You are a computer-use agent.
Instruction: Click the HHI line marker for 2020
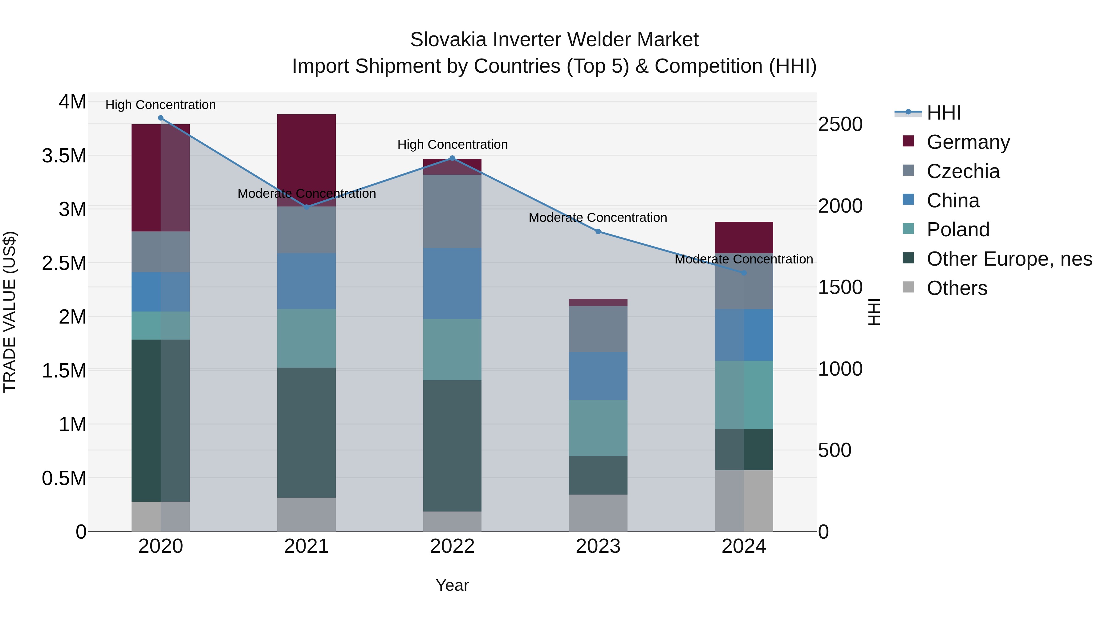pos(160,118)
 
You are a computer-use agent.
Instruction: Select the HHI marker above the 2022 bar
pos(452,158)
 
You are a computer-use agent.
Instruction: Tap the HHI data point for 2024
pos(744,273)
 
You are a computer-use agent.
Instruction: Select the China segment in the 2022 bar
pos(452,283)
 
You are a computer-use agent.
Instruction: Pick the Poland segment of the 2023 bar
pos(598,428)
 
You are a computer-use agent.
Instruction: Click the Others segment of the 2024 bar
pos(744,500)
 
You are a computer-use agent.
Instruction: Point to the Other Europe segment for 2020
pos(160,420)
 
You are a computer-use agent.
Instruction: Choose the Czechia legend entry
pos(963,171)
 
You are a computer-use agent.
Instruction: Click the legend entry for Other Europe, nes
pos(1009,259)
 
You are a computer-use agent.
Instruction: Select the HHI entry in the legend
pos(944,113)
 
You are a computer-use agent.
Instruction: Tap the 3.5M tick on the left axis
pos(64,156)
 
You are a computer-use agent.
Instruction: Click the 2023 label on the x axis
pos(598,546)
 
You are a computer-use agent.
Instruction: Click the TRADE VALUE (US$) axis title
pos(10,312)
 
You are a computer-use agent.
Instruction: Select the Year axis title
pos(452,585)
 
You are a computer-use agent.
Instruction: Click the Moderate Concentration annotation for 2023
pos(598,218)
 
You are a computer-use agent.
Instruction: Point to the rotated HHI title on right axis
pos(874,312)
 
